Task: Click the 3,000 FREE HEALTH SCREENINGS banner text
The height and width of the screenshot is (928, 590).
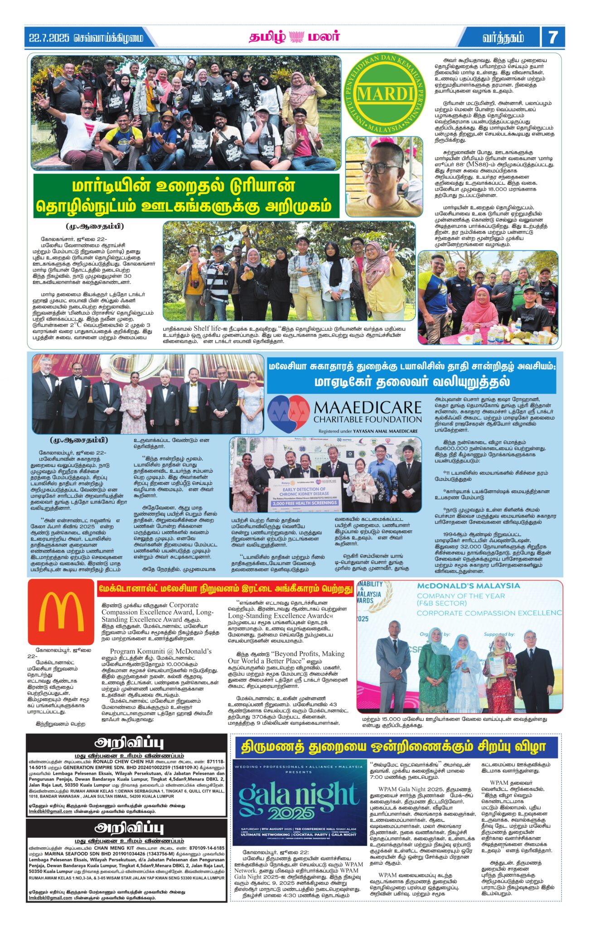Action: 299,503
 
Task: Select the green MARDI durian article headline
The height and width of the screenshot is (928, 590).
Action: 186,196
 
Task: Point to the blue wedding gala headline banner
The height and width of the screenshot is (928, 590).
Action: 393,746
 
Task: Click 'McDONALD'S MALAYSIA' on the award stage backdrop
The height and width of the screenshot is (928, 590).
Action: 468,585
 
